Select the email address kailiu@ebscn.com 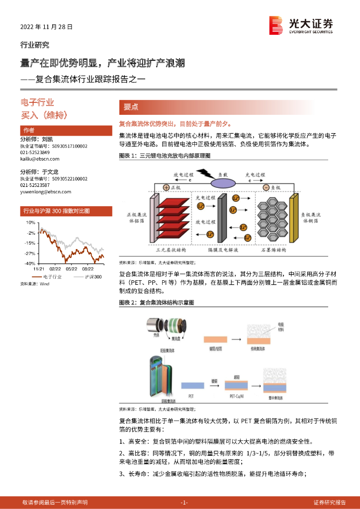40,159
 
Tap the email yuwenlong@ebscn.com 46,191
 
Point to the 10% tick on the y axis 30,223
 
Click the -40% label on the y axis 29,263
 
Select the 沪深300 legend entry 92,276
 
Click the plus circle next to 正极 166,187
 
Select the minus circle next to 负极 266,187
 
